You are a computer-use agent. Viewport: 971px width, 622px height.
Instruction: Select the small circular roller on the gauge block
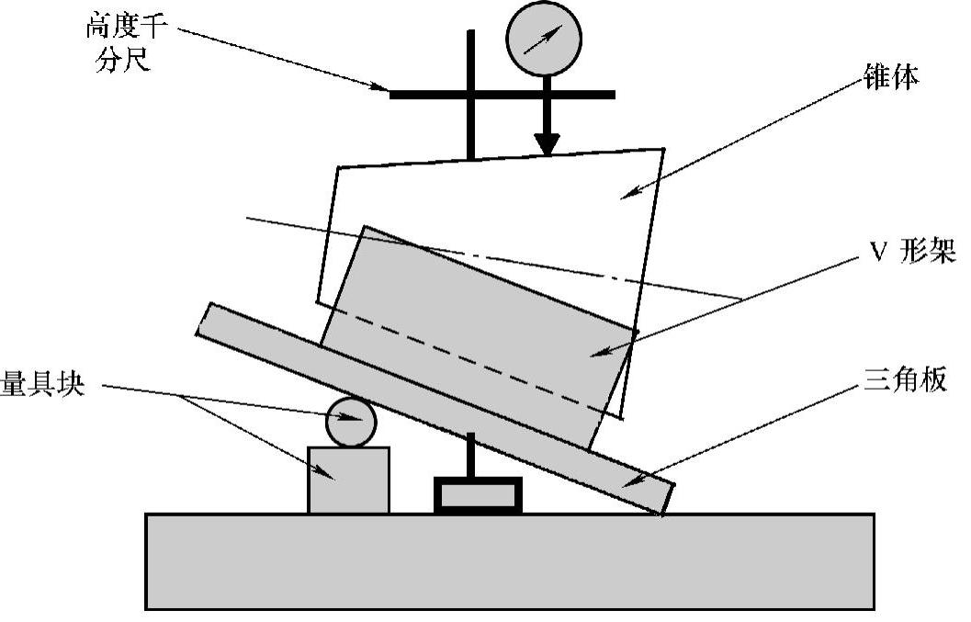pos(352,423)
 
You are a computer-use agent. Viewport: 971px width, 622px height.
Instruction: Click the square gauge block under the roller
pos(348,479)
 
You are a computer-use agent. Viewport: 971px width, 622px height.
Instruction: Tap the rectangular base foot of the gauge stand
pos(478,495)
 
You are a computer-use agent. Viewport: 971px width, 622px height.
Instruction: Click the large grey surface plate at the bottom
pos(510,560)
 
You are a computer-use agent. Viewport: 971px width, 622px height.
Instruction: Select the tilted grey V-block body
pos(478,331)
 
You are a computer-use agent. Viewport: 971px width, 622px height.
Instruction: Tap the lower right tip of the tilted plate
pos(663,511)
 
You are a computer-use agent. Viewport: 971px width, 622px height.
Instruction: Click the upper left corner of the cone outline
pos(340,168)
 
